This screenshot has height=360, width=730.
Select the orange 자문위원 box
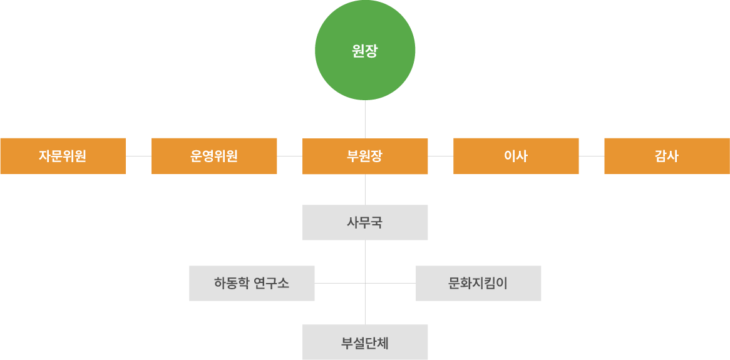pos(63,156)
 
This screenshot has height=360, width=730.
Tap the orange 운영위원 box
pos(214,156)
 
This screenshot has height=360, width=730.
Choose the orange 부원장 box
pos(365,157)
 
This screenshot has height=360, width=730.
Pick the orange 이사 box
pos(516,156)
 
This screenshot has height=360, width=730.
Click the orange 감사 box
pos(667,156)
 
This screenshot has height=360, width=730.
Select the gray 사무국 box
pos(365,222)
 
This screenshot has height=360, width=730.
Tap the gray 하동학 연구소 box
pos(252,283)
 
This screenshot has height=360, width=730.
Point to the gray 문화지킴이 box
pos(478,283)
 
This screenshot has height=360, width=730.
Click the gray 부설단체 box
pos(365,342)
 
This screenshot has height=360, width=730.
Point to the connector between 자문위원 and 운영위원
pos(138,156)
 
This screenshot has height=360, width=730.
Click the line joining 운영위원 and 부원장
pos(290,156)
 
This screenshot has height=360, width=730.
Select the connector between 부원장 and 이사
pos(441,156)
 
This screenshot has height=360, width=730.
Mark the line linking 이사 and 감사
pos(592,156)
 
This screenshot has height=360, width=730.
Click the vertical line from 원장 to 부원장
pos(365,119)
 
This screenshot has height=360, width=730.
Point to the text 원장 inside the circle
pos(365,51)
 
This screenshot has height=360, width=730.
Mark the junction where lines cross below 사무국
pos(365,283)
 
